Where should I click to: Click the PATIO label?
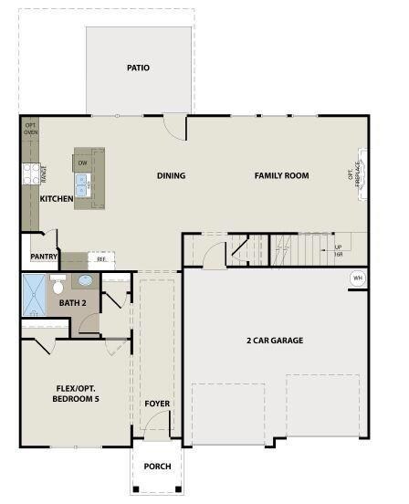(139, 68)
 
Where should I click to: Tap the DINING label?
(171, 176)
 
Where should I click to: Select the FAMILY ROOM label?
(281, 175)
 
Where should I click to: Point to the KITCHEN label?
(57, 198)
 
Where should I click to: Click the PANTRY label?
(43, 257)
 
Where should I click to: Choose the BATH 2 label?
(72, 302)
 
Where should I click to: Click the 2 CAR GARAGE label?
(275, 341)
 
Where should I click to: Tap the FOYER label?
(157, 403)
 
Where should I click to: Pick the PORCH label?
(157, 466)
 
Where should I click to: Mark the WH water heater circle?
(357, 278)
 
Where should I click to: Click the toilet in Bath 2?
(58, 285)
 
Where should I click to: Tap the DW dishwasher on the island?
(82, 163)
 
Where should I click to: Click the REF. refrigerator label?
(101, 258)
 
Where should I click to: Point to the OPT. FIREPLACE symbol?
(356, 176)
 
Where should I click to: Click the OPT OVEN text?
(30, 129)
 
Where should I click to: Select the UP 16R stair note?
(338, 250)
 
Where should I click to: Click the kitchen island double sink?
(83, 188)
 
